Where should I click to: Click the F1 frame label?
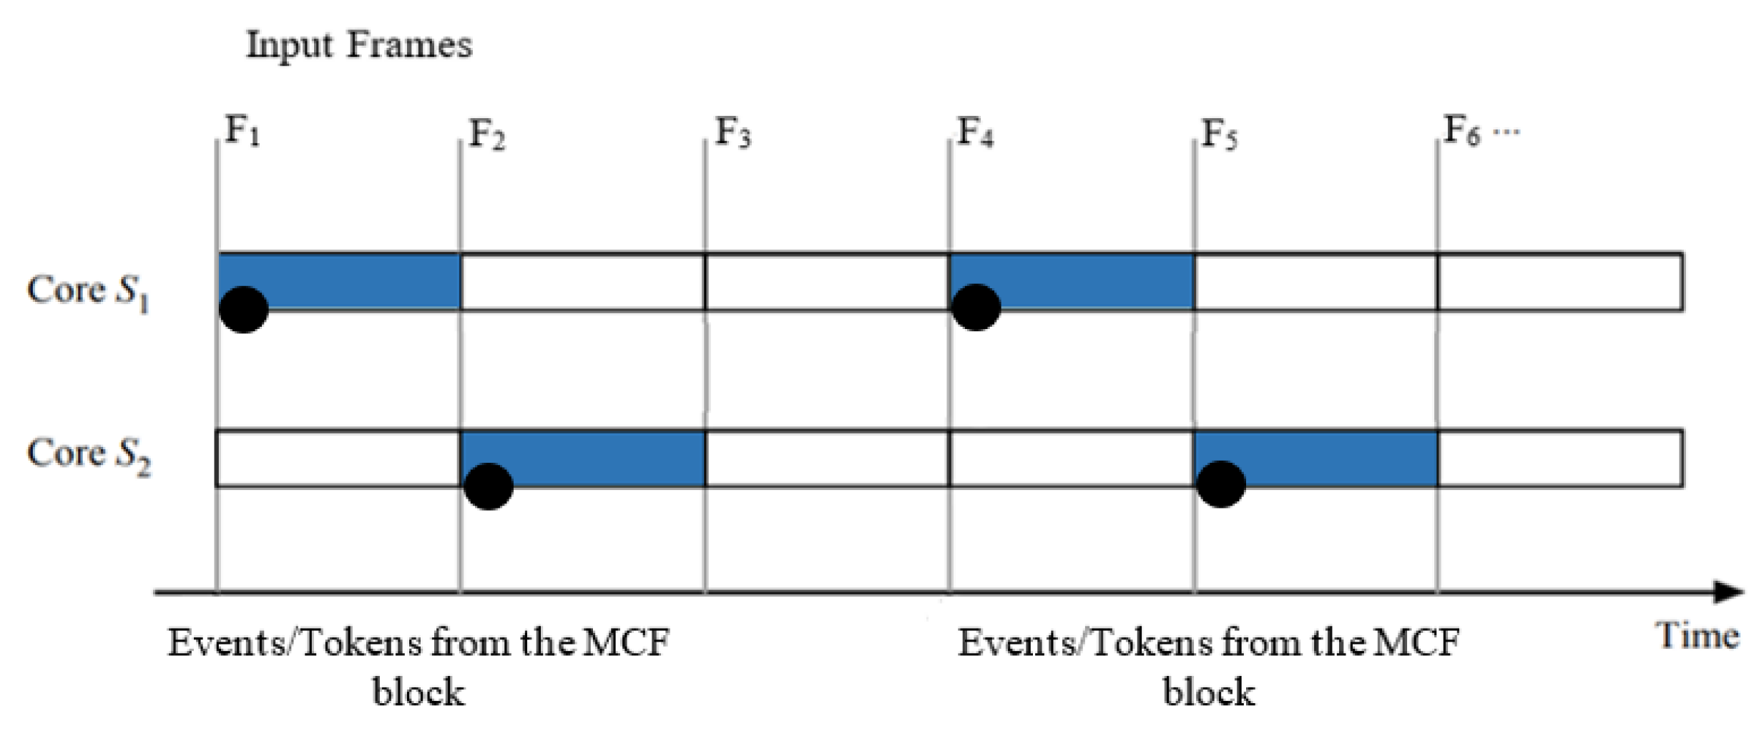(242, 132)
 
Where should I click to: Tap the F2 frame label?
(486, 134)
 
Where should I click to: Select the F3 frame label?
(732, 132)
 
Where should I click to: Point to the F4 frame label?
(975, 132)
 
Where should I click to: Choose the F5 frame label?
(1219, 134)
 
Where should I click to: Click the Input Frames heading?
(359, 45)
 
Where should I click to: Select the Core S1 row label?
(87, 292)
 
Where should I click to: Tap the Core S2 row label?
(88, 455)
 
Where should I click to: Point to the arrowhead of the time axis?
(1730, 592)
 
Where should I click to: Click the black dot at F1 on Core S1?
(244, 310)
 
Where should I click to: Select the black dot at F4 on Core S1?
(976, 308)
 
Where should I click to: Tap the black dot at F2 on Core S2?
(489, 486)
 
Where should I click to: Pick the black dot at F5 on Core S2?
(1221, 484)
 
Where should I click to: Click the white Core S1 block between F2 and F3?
(583, 282)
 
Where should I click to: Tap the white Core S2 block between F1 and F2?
(338, 458)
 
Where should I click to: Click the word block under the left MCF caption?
(418, 692)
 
